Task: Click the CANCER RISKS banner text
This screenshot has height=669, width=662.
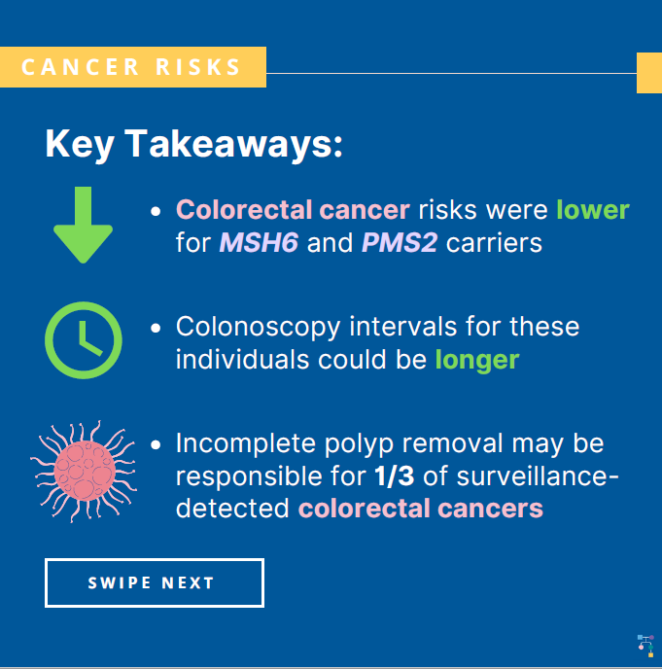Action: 131,67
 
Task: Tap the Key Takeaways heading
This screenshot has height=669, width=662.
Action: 194,144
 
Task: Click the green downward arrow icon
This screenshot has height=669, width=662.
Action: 84,225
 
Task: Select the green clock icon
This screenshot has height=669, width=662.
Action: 84,340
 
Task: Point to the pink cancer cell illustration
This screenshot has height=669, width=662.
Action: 84,471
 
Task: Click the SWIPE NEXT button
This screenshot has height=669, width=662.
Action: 155,582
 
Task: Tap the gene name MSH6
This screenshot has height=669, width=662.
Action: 259,243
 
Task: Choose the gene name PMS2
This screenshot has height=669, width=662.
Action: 400,243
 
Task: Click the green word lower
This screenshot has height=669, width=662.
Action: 593,209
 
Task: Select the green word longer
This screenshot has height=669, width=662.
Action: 477,361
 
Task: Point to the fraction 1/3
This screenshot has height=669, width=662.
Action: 395,476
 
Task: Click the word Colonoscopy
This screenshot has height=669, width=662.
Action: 258,328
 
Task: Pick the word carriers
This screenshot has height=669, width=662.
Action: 494,243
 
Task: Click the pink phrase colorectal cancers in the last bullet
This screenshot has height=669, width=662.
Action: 421,509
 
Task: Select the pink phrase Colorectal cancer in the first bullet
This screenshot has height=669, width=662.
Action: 293,209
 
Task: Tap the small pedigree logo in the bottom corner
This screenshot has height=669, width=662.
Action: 645,646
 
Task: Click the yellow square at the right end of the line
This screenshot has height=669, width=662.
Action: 649,73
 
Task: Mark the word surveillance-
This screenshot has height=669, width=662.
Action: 538,476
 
